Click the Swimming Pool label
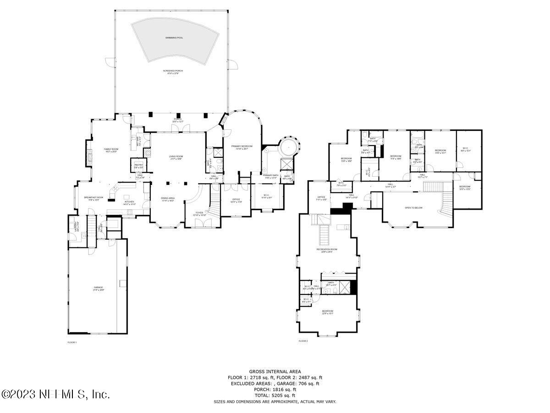174,38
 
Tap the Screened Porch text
171,71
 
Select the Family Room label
111,149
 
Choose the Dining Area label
167,198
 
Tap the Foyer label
199,212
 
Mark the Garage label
99,288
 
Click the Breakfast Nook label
93,197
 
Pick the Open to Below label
413,208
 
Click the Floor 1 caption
72,342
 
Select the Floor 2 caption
303,341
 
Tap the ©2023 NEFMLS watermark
55,394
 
